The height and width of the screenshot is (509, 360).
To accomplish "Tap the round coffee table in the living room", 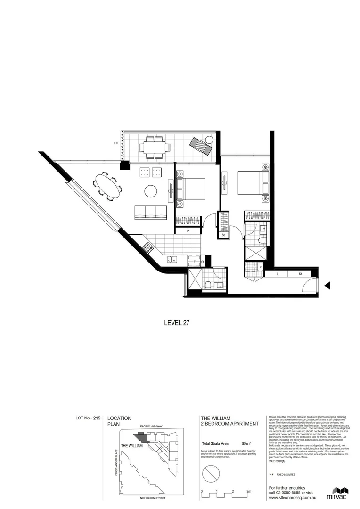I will (x=151, y=191).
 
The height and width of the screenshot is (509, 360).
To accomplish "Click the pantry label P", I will (x=188, y=231).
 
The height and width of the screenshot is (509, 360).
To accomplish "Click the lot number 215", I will (x=97, y=418).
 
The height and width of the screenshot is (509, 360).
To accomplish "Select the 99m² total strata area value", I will (x=246, y=443).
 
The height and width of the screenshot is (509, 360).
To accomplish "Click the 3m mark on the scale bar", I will (x=249, y=492).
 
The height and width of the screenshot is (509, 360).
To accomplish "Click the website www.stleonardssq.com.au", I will (x=292, y=497).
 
